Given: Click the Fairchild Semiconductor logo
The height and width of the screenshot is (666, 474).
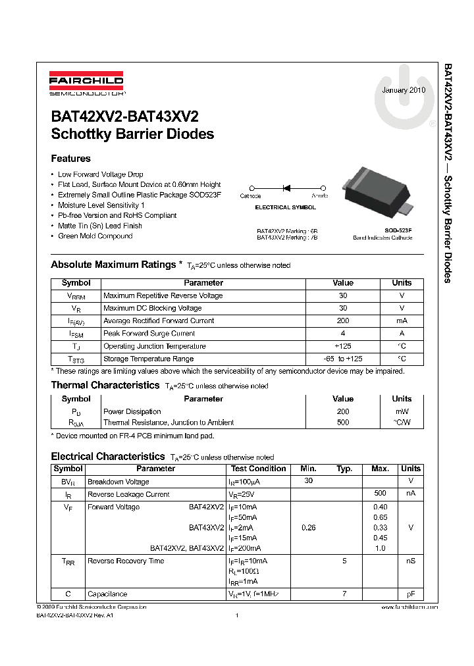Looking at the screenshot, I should (x=86, y=84).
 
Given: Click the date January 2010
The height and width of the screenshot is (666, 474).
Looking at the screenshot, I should (x=404, y=90).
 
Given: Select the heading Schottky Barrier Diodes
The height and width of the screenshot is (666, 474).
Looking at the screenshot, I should (x=132, y=134).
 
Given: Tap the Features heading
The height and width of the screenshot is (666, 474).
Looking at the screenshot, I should (x=70, y=159).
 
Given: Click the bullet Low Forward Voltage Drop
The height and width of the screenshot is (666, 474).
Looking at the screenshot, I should (x=100, y=174).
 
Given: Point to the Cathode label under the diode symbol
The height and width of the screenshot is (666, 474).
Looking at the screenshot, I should (x=250, y=196).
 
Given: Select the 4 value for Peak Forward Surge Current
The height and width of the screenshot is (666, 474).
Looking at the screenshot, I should (x=342, y=334).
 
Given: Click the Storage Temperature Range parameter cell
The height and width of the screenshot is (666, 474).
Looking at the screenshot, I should (x=148, y=359).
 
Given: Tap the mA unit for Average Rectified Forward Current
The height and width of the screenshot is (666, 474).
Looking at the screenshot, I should (x=402, y=321).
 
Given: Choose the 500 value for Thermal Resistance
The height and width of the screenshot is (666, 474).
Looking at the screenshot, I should (x=342, y=423).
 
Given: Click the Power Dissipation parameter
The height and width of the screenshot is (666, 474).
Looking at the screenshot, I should (x=132, y=412).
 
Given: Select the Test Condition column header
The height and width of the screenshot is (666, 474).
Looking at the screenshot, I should (x=258, y=469).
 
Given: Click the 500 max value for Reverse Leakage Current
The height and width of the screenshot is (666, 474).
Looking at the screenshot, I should (x=380, y=494).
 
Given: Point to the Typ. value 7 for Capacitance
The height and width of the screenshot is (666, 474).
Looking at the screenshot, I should (x=344, y=594).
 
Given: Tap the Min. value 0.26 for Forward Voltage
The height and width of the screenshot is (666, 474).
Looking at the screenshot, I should (x=308, y=528).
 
